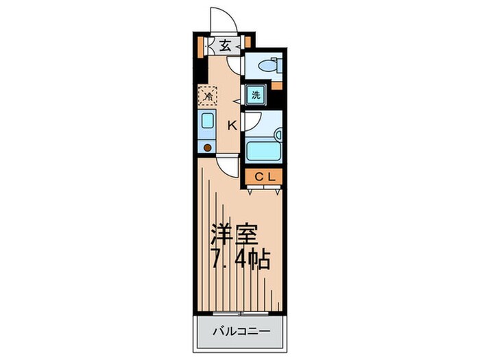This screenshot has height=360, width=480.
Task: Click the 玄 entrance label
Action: tap(226, 47)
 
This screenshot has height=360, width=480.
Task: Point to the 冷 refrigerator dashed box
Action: tap(207, 95)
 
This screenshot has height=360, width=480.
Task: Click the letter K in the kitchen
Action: tap(232, 125)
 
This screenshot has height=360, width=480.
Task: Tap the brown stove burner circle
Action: tap(208, 147)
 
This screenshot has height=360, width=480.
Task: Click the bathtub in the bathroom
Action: tap(263, 150)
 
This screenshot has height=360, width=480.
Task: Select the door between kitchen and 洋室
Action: tap(229, 165)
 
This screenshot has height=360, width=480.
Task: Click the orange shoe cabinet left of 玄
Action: tap(201, 47)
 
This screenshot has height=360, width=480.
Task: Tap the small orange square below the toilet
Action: tap(276, 85)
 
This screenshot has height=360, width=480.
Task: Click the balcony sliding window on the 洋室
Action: tap(239, 315)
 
